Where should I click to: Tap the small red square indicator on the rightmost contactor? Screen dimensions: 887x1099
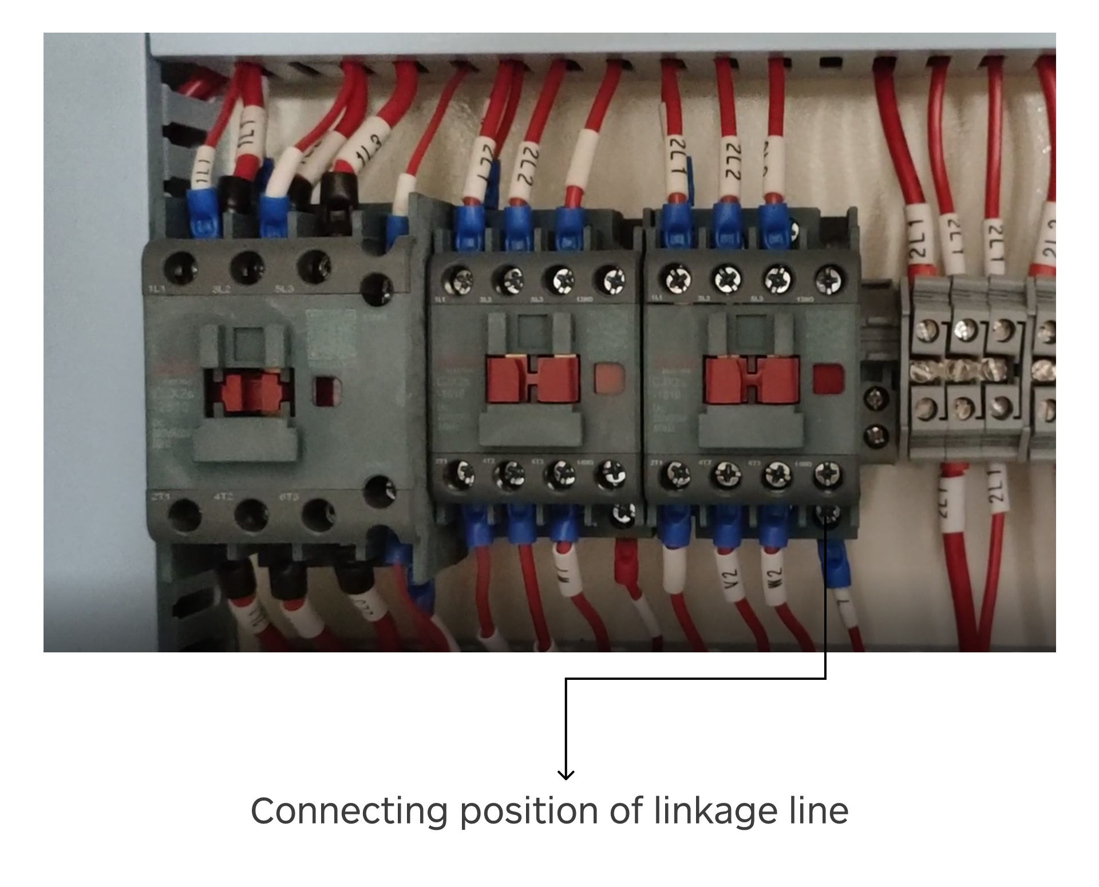click(x=827, y=379)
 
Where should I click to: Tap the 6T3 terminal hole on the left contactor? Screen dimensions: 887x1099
click(x=318, y=514)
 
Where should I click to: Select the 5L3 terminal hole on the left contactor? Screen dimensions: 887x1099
click(x=314, y=266)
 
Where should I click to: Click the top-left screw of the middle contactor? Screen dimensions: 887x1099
click(x=460, y=280)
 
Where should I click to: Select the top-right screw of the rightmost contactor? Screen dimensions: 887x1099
click(x=826, y=280)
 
